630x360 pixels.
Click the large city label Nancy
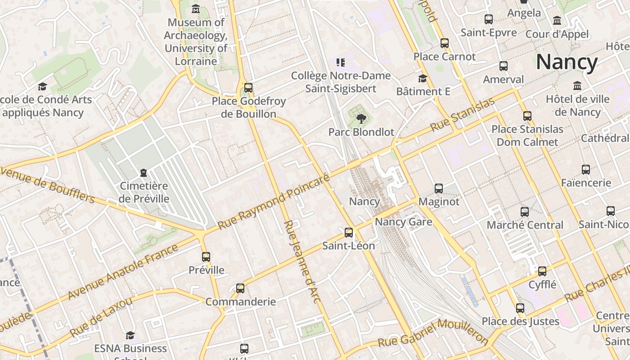click(x=567, y=62)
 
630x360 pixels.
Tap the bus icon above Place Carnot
click(x=445, y=43)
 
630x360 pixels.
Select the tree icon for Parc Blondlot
click(x=361, y=119)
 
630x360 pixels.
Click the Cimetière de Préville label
click(x=144, y=192)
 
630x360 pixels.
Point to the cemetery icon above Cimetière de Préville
click(x=144, y=172)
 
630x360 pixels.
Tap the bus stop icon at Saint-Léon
click(x=349, y=233)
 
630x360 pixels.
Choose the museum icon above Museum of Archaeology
click(x=196, y=9)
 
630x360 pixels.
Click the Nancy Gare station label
click(x=403, y=222)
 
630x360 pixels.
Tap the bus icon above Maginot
click(x=439, y=189)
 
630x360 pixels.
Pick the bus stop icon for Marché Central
click(x=525, y=212)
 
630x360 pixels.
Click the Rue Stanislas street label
click(x=462, y=115)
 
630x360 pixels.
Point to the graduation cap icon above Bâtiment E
click(x=423, y=79)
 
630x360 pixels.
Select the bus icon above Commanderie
click(x=240, y=288)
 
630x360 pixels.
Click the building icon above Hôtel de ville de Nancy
click(x=577, y=86)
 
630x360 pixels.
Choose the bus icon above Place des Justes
click(x=520, y=308)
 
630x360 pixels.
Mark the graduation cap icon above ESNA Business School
click(x=130, y=335)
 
